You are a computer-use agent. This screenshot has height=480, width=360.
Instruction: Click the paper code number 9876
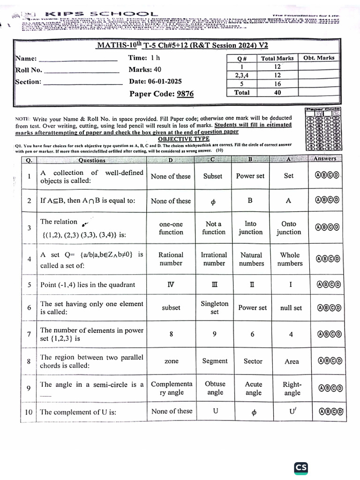click(185, 94)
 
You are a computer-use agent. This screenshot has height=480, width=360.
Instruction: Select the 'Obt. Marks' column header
click(319, 58)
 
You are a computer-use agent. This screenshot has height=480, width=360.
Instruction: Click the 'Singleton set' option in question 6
click(214, 307)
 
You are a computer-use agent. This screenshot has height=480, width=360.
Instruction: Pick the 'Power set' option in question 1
click(250, 176)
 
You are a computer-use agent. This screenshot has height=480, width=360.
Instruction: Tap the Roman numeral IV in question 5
click(171, 285)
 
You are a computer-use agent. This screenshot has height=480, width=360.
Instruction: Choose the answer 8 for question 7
click(171, 334)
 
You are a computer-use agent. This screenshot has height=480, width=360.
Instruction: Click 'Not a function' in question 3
click(214, 228)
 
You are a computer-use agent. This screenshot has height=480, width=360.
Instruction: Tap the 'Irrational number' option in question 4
click(214, 259)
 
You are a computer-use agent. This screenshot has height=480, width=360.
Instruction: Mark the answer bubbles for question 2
click(327, 201)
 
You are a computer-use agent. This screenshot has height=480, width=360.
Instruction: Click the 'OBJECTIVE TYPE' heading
click(183, 139)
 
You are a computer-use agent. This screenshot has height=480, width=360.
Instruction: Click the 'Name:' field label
click(26, 59)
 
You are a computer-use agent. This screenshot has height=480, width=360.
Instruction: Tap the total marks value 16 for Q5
click(277, 84)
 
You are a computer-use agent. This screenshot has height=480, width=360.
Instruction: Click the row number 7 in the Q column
click(29, 334)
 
